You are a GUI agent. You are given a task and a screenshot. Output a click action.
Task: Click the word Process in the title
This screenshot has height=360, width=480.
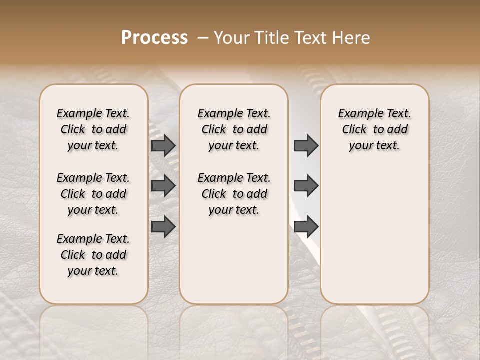(x=154, y=38)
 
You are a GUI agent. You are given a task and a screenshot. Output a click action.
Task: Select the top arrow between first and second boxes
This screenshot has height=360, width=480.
(x=163, y=145)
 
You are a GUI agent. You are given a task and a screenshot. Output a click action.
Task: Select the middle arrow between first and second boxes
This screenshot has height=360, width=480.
(x=163, y=186)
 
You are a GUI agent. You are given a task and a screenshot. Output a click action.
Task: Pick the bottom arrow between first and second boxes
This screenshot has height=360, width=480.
(x=163, y=227)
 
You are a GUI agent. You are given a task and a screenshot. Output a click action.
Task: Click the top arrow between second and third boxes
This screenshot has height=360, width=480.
(x=306, y=145)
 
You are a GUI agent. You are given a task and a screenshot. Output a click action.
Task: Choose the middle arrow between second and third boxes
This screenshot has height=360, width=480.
(x=306, y=186)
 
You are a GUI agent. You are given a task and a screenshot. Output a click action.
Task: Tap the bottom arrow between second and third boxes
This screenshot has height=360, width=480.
(x=306, y=227)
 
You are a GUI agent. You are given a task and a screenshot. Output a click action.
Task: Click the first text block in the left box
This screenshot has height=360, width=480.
(x=93, y=129)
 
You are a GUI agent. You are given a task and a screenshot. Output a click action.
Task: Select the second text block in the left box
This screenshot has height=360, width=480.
(x=93, y=194)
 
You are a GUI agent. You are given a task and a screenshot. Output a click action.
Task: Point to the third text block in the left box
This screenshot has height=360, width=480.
(x=93, y=255)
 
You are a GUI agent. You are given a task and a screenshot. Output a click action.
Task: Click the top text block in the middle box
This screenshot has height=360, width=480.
(x=234, y=129)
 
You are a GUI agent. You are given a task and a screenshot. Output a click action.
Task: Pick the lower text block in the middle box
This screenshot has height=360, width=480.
(x=234, y=194)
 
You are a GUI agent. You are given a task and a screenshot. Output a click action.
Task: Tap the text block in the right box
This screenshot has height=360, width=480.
(x=374, y=129)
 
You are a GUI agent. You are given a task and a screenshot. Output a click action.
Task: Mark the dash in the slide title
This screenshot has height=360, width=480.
(x=202, y=38)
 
